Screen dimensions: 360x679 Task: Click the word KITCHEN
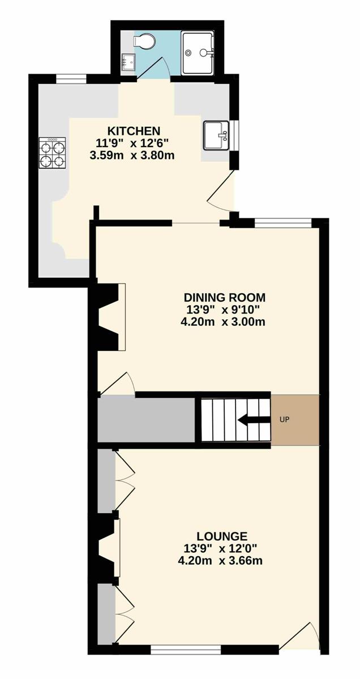(134, 131)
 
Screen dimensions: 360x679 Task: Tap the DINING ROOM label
(225, 297)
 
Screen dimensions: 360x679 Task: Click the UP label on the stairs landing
(285, 420)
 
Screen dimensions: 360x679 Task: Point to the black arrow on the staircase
(254, 420)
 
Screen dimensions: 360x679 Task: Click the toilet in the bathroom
(144, 40)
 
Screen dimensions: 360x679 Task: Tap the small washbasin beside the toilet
(128, 62)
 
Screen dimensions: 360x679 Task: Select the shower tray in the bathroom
(198, 54)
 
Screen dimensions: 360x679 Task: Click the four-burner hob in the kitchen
(52, 153)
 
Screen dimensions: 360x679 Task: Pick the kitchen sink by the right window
(216, 135)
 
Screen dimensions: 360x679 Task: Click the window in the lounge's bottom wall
(186, 648)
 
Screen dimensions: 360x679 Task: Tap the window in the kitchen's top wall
(71, 79)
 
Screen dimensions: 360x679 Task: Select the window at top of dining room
(283, 223)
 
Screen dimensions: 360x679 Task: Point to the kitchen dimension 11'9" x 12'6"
(132, 143)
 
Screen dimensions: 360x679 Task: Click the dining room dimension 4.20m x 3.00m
(223, 321)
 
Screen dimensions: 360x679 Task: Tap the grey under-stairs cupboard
(146, 420)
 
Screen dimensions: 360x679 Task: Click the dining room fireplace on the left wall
(112, 317)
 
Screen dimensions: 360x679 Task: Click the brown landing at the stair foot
(295, 420)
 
